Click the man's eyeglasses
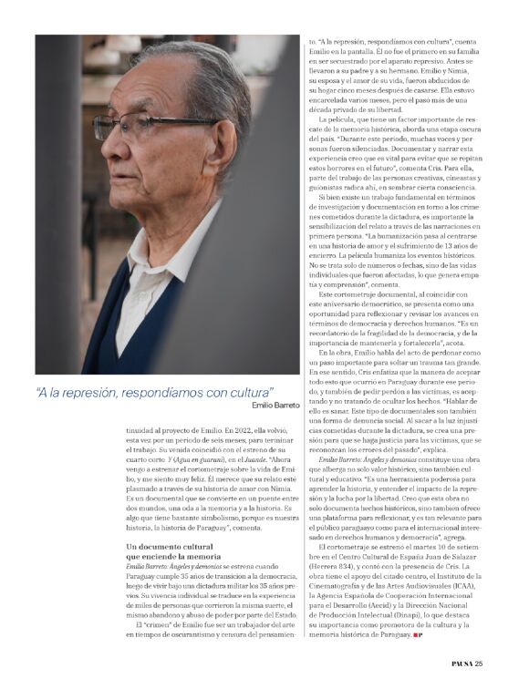tap(137, 125)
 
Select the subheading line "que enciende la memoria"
tap(171, 555)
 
